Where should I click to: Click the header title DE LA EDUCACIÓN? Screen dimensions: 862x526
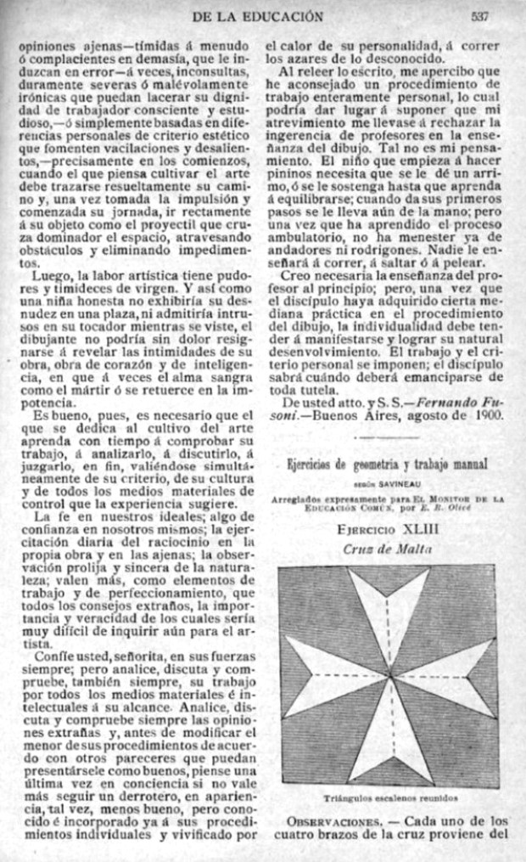259,15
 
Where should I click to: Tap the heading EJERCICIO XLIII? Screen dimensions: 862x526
388,530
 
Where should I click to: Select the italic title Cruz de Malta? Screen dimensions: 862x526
387,549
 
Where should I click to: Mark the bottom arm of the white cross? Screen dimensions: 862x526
387,739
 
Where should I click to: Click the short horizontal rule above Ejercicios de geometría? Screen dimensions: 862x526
387,438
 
